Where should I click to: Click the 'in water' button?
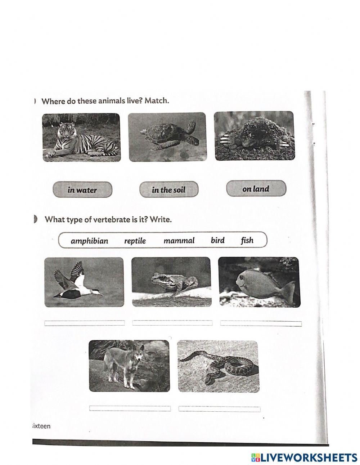coord(82,190)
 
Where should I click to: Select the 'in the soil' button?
coord(168,189)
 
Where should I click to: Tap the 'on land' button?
coord(256,188)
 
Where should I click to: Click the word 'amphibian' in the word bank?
coord(89,241)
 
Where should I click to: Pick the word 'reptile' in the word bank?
coord(135,241)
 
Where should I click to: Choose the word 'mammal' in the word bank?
coord(179,241)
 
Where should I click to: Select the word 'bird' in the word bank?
coord(217,240)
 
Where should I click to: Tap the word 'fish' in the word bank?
coord(247,240)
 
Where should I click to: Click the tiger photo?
coord(81,137)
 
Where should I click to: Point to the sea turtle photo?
coord(167,137)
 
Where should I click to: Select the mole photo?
coord(254,136)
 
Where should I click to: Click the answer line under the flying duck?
coord(84,323)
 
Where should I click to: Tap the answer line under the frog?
coord(172,323)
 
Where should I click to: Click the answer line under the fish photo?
coord(261,323)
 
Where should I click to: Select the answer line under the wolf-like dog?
coord(130,408)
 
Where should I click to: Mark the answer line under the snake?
coord(219,409)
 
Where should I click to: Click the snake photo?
coord(218,366)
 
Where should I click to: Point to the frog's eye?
coord(157,277)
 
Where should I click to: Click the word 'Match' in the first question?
coord(157,100)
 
